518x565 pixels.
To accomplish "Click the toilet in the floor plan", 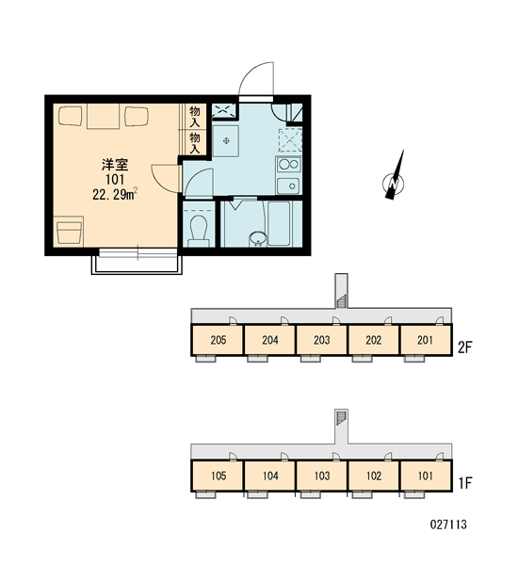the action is [199, 230].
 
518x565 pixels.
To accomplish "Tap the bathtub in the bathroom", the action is [279, 223].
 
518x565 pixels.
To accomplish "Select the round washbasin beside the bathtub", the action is [258, 239].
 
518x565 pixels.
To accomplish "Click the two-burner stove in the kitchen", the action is [289, 165].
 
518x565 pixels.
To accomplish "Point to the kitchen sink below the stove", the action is [288, 186].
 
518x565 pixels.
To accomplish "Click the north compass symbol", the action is [394, 176].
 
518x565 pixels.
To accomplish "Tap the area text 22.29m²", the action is [115, 194].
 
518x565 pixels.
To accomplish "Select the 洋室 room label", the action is [115, 165].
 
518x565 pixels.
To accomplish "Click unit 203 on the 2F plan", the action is [321, 340].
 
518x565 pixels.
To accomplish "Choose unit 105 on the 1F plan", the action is [219, 476].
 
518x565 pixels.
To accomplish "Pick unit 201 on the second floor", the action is [425, 340].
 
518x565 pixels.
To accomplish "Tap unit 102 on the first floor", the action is [374, 476].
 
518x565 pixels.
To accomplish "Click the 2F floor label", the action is [464, 347].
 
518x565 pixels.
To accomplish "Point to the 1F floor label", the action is [465, 483].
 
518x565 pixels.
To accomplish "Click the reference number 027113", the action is [448, 525].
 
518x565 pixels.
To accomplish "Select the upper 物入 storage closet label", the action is [195, 117].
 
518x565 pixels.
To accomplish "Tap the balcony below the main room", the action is [137, 265].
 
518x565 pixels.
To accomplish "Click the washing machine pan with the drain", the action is [226, 141].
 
